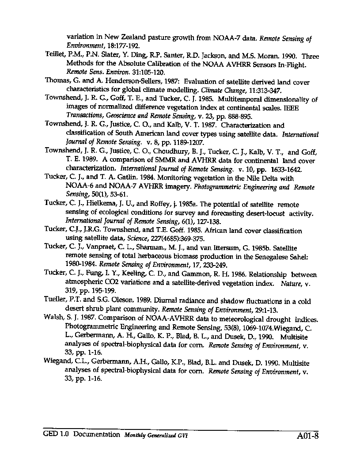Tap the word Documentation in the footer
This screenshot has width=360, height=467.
pyautogui.click(x=96, y=434)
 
